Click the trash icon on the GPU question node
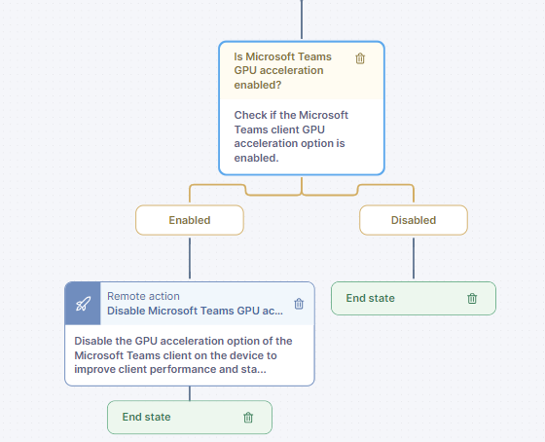click(x=360, y=58)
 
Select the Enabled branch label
click(x=190, y=220)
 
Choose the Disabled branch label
click(x=414, y=220)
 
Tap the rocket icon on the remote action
click(x=83, y=304)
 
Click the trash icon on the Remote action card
click(x=299, y=304)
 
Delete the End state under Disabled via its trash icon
click(x=472, y=298)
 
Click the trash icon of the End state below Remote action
click(x=248, y=418)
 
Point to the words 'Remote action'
click(x=143, y=296)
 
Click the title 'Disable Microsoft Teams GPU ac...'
click(x=195, y=311)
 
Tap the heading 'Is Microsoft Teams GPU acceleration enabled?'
click(x=282, y=71)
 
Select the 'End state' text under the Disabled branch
click(x=370, y=298)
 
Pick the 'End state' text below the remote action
click(x=146, y=417)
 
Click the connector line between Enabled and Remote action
click(x=190, y=258)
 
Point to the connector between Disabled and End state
click(x=414, y=258)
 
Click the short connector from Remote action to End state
click(x=190, y=393)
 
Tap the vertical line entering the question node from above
click(x=302, y=19)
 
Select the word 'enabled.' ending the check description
click(x=256, y=158)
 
